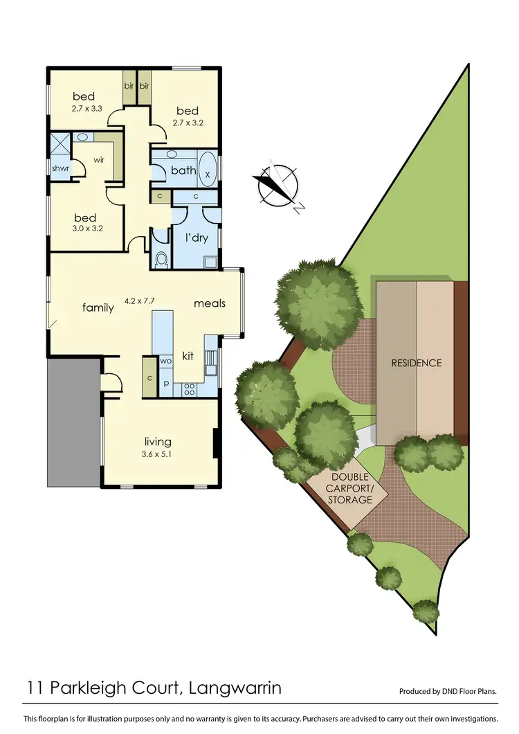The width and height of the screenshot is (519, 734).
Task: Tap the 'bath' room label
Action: pos(183,170)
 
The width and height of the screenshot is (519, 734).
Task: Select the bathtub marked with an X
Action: pos(208,174)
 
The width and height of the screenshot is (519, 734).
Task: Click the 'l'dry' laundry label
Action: pos(197,238)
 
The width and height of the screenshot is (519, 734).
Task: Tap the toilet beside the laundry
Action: pos(162,259)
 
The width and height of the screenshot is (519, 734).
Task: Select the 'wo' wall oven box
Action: pos(166,361)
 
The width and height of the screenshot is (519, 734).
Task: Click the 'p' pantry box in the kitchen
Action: pos(166,382)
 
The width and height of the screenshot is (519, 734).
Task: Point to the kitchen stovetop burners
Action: pos(188,391)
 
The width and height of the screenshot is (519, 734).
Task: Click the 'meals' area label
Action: pos(210,303)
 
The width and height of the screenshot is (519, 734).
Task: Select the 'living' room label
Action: pos(158,441)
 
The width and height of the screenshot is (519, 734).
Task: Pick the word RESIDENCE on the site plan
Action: pos(417,363)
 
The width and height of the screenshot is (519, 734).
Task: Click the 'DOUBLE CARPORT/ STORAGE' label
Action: pos(351,488)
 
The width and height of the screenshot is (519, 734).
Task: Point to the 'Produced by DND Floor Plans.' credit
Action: pos(448,692)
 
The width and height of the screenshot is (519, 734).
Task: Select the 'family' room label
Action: pos(98,307)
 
